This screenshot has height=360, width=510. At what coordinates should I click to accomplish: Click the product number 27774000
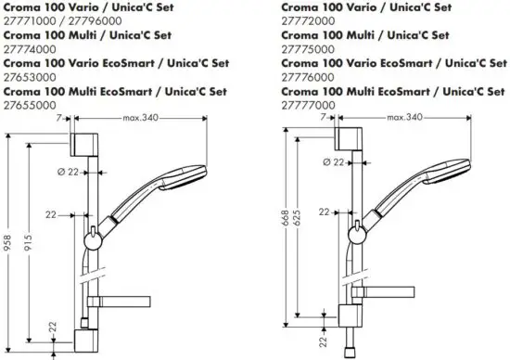pyautogui.click(x=30, y=49)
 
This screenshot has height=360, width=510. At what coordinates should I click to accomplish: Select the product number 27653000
pyautogui.click(x=30, y=77)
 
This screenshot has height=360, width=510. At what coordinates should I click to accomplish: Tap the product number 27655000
pyautogui.click(x=30, y=105)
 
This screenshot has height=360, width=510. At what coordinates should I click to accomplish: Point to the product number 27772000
pyautogui.click(x=308, y=21)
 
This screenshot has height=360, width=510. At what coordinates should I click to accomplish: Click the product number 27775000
pyautogui.click(x=308, y=49)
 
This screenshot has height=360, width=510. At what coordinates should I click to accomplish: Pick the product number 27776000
pyautogui.click(x=308, y=77)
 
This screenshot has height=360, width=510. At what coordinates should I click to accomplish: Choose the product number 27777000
pyautogui.click(x=308, y=105)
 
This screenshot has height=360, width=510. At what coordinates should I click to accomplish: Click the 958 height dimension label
pyautogui.click(x=6, y=242)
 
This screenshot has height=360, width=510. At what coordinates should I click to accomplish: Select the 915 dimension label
pyautogui.click(x=29, y=242)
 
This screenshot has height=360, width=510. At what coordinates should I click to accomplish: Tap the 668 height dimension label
pyautogui.click(x=285, y=218)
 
